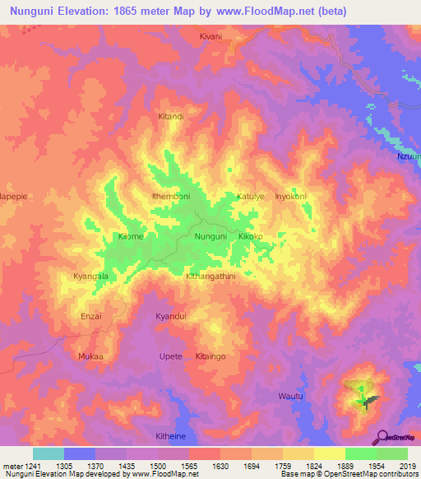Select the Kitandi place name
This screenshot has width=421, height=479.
pyautogui.click(x=170, y=117)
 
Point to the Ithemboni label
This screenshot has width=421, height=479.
pyautogui.click(x=171, y=197)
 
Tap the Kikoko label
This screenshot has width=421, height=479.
pyautogui.click(x=250, y=237)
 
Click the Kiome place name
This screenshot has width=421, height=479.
pyautogui.click(x=131, y=237)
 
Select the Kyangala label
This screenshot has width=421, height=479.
pyautogui.click(x=90, y=277)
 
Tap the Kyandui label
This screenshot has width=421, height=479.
pyautogui.click(x=171, y=316)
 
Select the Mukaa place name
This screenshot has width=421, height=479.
pyautogui.click(x=90, y=356)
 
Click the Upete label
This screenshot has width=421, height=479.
pyautogui.click(x=169, y=356)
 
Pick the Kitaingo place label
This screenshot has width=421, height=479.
pyautogui.click(x=210, y=356)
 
